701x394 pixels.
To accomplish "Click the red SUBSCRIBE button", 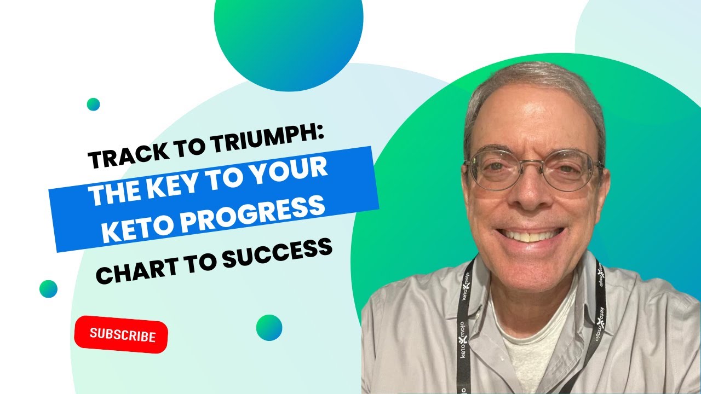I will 121,334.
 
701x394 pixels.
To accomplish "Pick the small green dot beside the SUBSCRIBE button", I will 269,327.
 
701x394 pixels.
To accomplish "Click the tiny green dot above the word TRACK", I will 93,104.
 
